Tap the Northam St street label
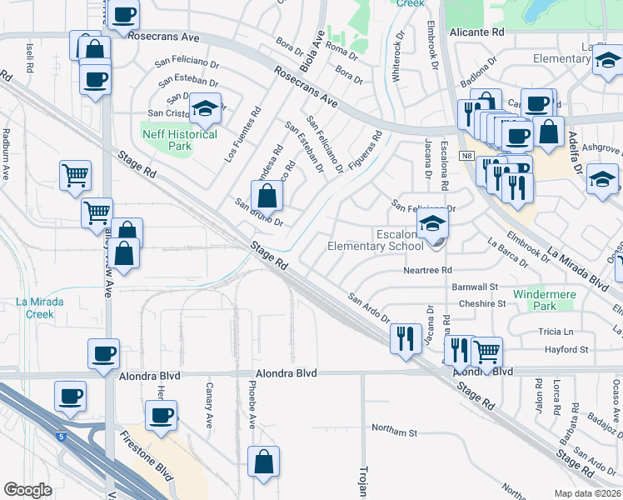click(394, 432)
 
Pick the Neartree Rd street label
click(427, 270)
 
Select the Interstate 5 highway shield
click(60, 436)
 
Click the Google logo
click(27, 489)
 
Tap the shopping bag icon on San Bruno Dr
click(267, 197)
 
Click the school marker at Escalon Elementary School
click(432, 223)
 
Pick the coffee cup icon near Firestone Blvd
click(162, 415)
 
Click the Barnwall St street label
click(475, 287)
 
